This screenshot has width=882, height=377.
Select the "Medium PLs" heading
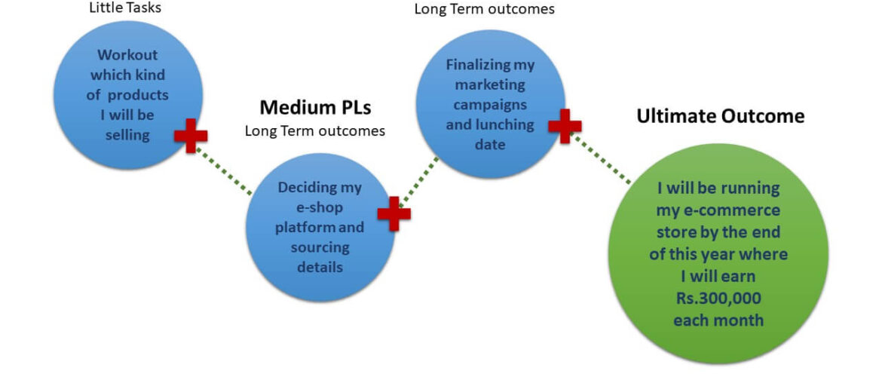pos(314,106)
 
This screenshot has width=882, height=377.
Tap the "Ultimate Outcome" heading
pos(720,116)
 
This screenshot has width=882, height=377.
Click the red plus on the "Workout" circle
pos(191,136)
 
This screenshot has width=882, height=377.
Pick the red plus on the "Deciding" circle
pos(394,213)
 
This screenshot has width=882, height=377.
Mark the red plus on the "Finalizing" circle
pos(565,126)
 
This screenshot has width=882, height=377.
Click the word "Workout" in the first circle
pos(127,56)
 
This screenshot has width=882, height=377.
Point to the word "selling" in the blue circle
pos(127,135)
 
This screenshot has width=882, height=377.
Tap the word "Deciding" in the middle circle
pos(319,188)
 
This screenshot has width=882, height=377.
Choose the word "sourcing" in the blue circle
pos(320,247)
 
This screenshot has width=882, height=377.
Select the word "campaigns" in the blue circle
pos(490,104)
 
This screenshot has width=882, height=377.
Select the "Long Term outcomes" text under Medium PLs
pos(314,131)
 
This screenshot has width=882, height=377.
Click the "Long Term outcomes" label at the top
pos(484,9)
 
